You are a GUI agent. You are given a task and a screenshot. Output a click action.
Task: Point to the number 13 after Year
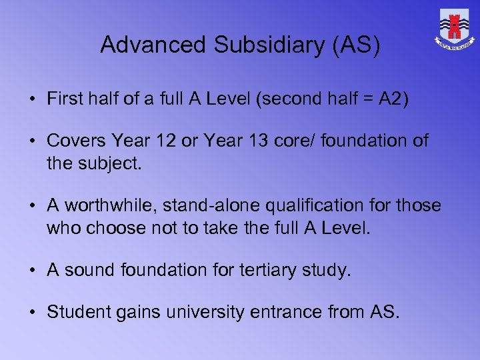click(x=254, y=141)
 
